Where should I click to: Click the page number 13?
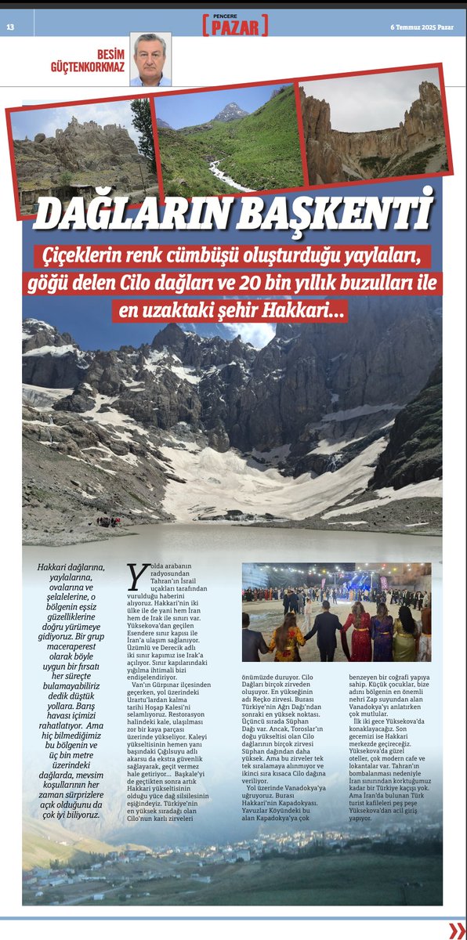[x=10, y=27]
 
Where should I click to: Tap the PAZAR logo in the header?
[x=235, y=28]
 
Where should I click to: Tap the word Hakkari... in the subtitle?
[x=309, y=311]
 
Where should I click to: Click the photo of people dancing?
[x=336, y=612]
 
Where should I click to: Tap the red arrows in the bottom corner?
[x=457, y=930]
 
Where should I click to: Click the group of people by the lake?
[x=108, y=521]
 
